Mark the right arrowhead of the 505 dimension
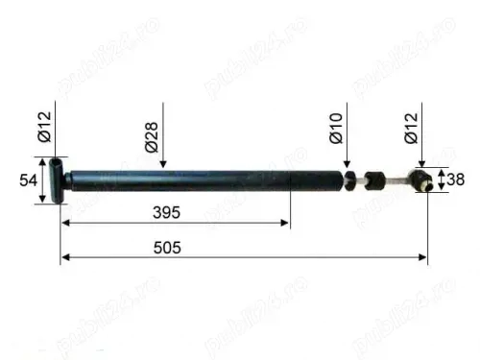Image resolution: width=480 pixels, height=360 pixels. coord(423,257)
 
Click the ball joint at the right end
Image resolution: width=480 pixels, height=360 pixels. coord(420,180)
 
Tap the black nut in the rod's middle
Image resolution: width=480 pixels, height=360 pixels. coord(373,179)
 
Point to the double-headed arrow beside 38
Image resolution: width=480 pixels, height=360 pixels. coord(441,180)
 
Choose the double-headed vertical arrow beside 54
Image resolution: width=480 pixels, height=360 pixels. coord(42,181)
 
